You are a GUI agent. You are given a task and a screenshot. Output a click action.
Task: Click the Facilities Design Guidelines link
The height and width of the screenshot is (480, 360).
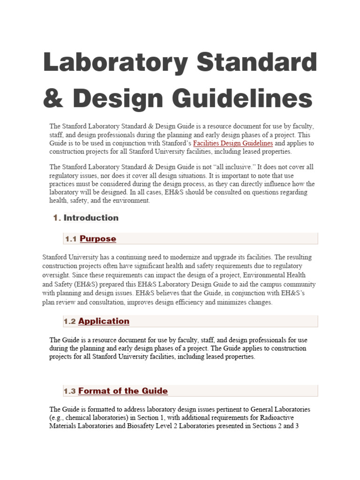233,143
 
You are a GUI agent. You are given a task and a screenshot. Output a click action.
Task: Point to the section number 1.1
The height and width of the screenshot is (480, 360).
71,239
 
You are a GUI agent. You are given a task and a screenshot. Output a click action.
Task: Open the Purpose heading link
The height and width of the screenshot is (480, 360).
98,239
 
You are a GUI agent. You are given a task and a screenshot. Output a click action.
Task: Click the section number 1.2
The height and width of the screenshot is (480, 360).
70,322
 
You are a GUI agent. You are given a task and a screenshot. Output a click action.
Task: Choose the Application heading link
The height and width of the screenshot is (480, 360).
104,321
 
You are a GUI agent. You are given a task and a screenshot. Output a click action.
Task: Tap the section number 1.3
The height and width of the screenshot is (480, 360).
70,391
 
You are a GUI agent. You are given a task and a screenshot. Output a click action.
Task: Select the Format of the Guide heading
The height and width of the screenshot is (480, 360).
123,391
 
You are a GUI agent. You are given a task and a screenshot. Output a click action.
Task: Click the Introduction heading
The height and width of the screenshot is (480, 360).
91,217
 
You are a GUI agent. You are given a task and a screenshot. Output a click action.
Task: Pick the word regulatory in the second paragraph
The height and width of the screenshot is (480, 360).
63,175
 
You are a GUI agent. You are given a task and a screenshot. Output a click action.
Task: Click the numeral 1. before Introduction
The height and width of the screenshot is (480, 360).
57,217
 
